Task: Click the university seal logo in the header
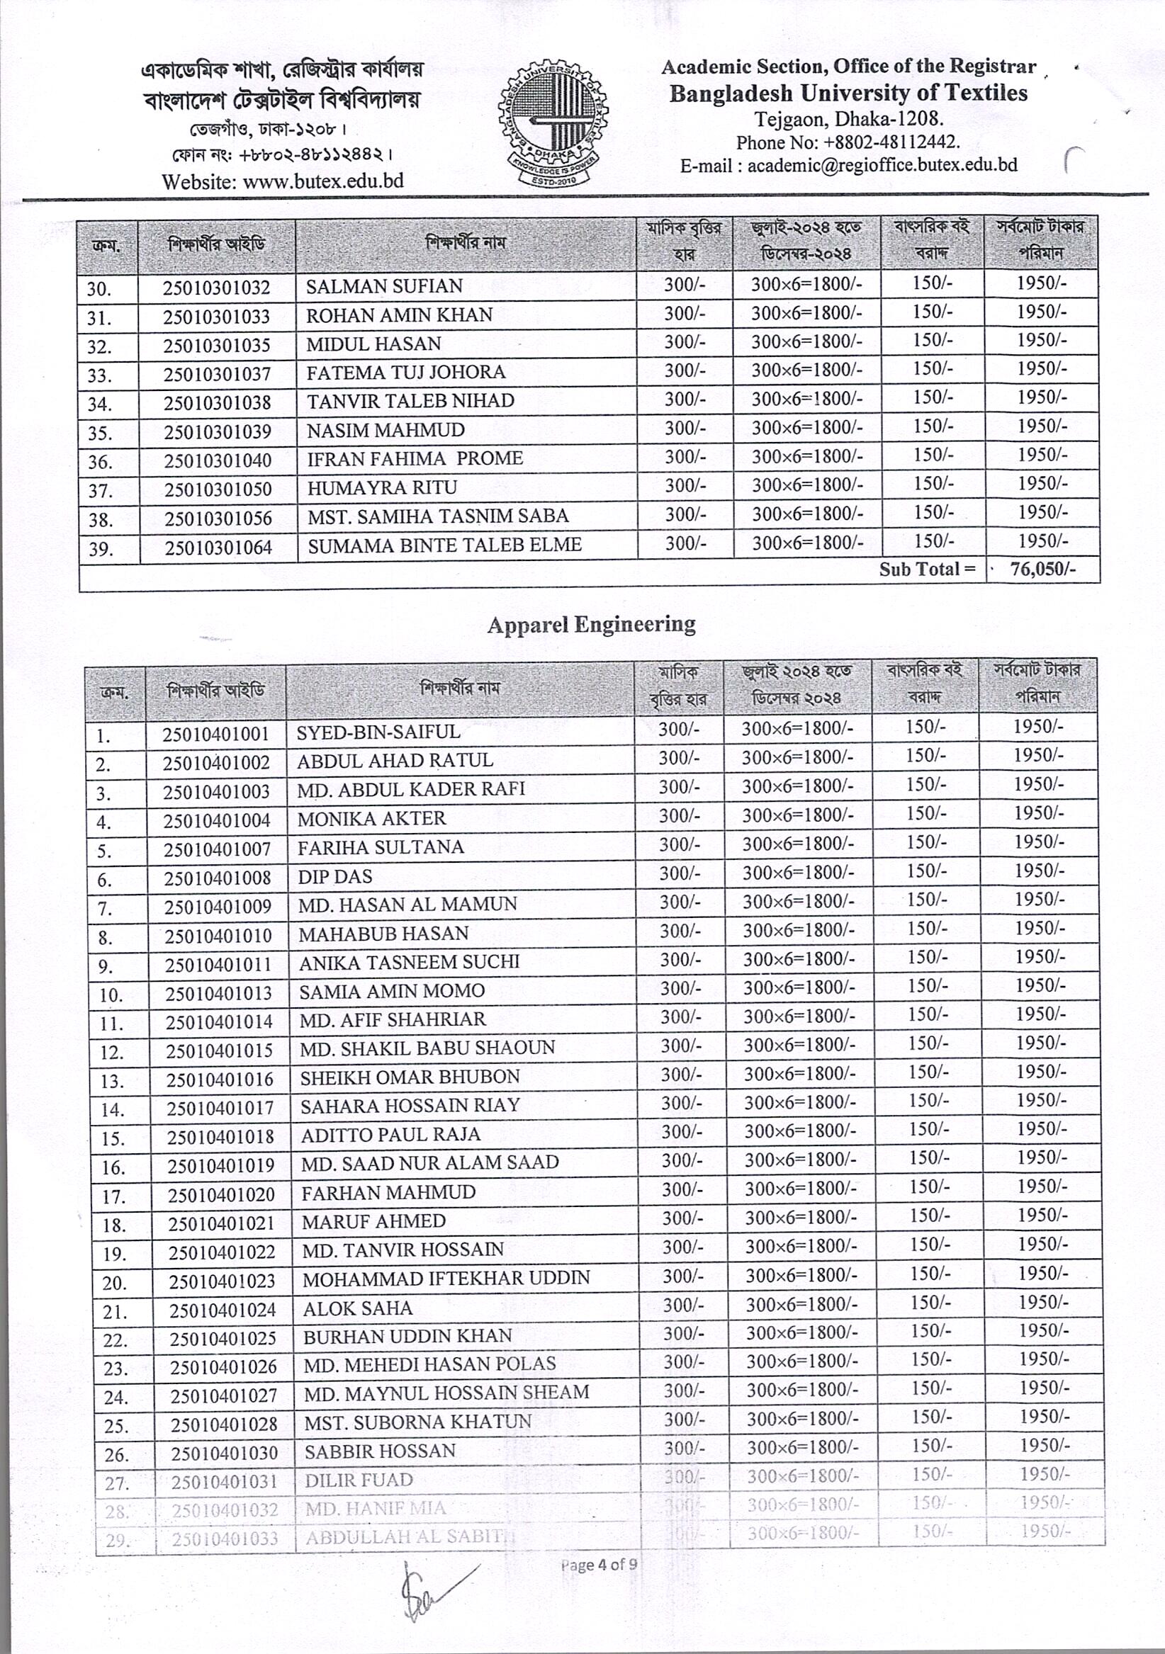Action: click(553, 123)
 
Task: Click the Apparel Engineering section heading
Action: click(591, 624)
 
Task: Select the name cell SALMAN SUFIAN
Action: click(384, 286)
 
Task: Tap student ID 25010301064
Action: click(218, 548)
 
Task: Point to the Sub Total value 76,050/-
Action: click(1042, 569)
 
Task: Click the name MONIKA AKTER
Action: click(371, 818)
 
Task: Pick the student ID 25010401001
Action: click(215, 734)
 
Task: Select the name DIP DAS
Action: click(335, 876)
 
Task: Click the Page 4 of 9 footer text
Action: click(599, 1565)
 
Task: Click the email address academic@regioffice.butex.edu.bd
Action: click(882, 165)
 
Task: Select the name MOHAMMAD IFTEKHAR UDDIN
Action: click(446, 1278)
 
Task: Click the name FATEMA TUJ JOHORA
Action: click(405, 373)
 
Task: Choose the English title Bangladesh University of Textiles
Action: click(848, 93)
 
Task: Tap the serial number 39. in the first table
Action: click(100, 549)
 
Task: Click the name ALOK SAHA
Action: click(357, 1308)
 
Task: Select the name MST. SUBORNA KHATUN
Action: click(417, 1422)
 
